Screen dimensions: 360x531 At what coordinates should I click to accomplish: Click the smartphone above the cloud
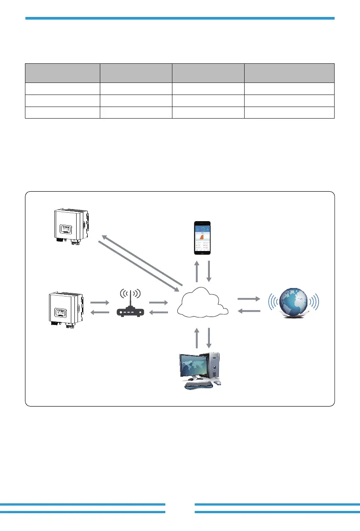coord(203,237)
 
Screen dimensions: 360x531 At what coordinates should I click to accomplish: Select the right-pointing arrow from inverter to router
coord(100,302)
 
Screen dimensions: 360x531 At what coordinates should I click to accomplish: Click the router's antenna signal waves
coord(130,294)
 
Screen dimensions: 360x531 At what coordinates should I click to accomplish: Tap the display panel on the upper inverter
coord(64,231)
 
